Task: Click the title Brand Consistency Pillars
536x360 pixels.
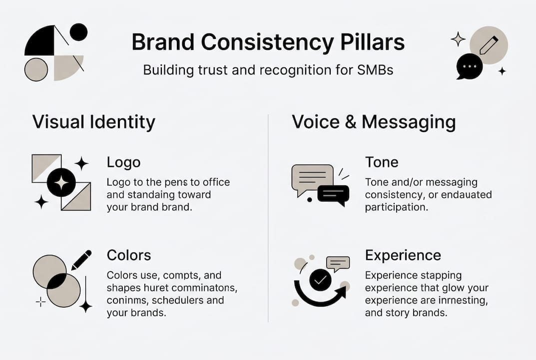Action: [x=268, y=43]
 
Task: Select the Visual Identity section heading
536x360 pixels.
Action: [x=93, y=122]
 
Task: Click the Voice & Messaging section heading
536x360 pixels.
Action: [x=374, y=122]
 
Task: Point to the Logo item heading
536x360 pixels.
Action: [x=123, y=162]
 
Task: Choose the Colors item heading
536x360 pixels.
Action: [x=128, y=255]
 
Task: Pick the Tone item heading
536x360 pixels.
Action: [x=382, y=162]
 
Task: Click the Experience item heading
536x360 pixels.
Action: [x=403, y=255]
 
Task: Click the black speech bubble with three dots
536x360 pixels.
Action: [x=470, y=66]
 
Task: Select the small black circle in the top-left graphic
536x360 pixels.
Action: [x=78, y=32]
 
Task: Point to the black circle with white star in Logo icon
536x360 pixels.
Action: [x=61, y=182]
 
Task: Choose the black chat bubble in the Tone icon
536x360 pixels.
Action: [x=333, y=194]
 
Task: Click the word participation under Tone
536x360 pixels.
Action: [x=396, y=207]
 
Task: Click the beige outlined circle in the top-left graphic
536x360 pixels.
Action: [x=36, y=69]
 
